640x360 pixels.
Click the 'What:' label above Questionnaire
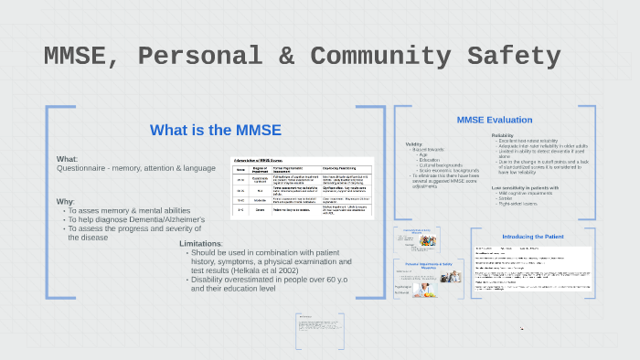point(67,159)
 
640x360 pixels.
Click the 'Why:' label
point(65,201)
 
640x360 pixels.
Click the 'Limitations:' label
point(201,244)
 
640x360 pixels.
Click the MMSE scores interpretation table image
point(301,186)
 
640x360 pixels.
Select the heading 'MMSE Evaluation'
point(494,120)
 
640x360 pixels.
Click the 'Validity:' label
point(414,143)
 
